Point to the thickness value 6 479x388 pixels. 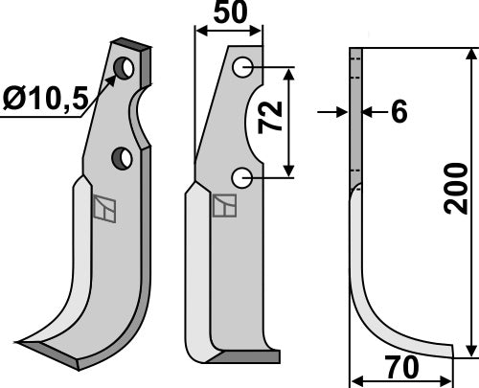[399, 112]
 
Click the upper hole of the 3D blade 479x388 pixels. [125, 68]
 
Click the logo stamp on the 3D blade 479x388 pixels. [104, 208]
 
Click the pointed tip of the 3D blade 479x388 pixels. [21, 342]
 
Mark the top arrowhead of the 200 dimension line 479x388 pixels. [469, 56]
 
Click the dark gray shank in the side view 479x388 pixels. [354, 115]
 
